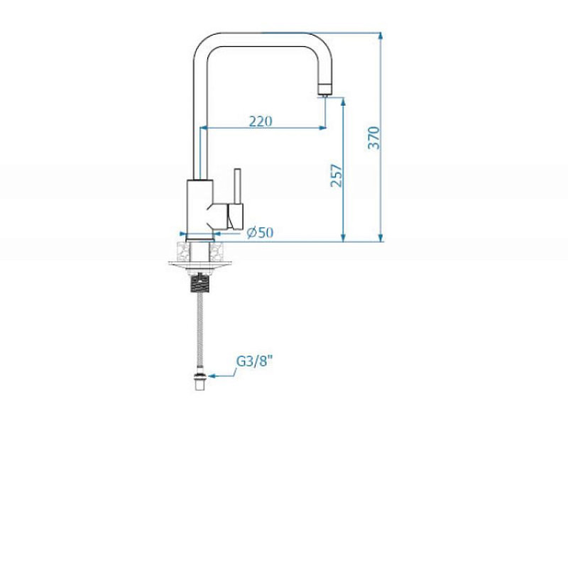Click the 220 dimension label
tap(261, 121)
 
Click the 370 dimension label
tap(373, 138)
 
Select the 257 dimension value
tap(336, 175)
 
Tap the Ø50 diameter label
tap(260, 232)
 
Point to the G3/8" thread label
tap(254, 361)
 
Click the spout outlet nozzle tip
tap(324, 89)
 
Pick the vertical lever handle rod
tap(238, 186)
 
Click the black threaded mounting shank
tap(200, 283)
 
